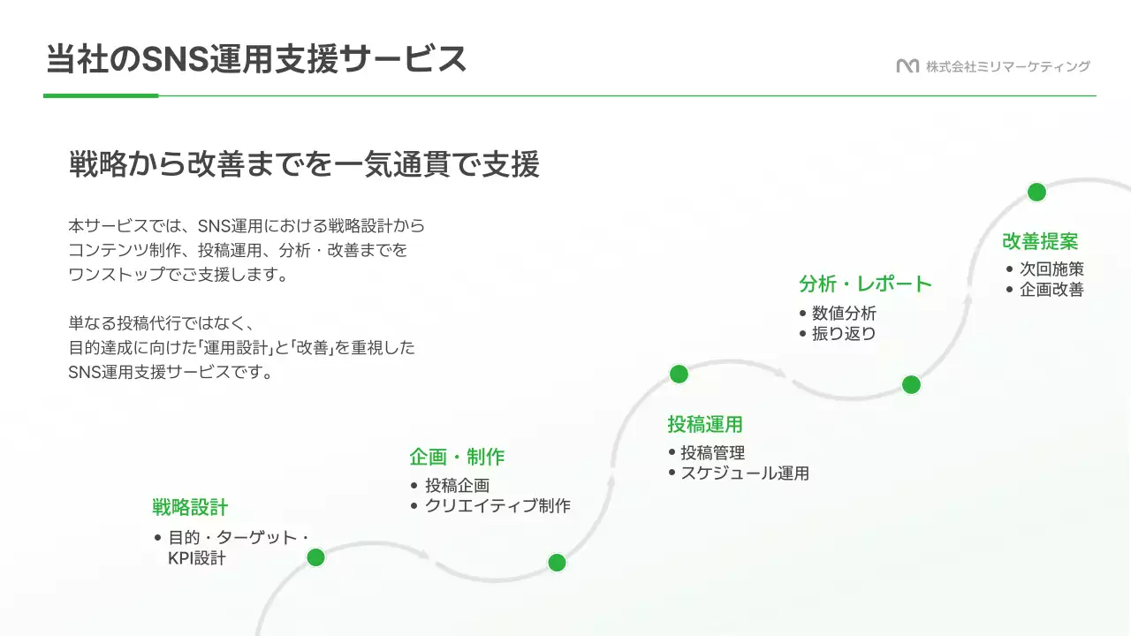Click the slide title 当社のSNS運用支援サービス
pos(256,59)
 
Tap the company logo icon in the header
pos(907,66)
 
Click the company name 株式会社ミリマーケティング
pos(1008,66)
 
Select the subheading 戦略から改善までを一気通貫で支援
pos(304,165)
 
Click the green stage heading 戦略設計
pos(190,507)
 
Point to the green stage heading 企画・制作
pos(457,457)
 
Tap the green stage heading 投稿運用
pos(705,424)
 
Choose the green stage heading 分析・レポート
pos(866,284)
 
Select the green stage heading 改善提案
pos(1040,241)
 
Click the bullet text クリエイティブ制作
pos(497,506)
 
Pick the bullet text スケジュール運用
pos(744,473)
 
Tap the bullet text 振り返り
pos(844,334)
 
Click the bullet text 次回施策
pos(1051,269)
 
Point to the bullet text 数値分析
pos(844,313)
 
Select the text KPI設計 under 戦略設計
pos(197,558)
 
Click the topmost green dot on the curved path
pos(1036,193)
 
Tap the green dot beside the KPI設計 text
pos(315,557)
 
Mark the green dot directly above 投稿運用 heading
pos(679,374)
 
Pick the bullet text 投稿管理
pos(712,452)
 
